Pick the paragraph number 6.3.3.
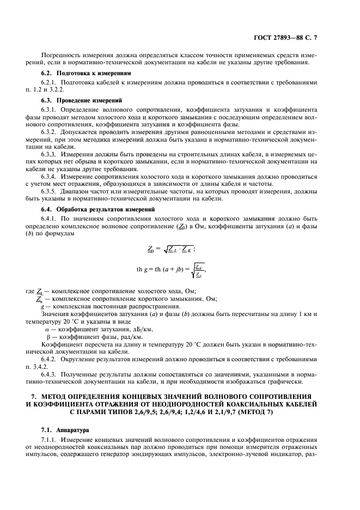(50, 153)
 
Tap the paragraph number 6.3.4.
(50, 175)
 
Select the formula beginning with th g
(172, 269)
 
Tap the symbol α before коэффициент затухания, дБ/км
(47, 330)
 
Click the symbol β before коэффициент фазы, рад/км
(47, 337)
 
